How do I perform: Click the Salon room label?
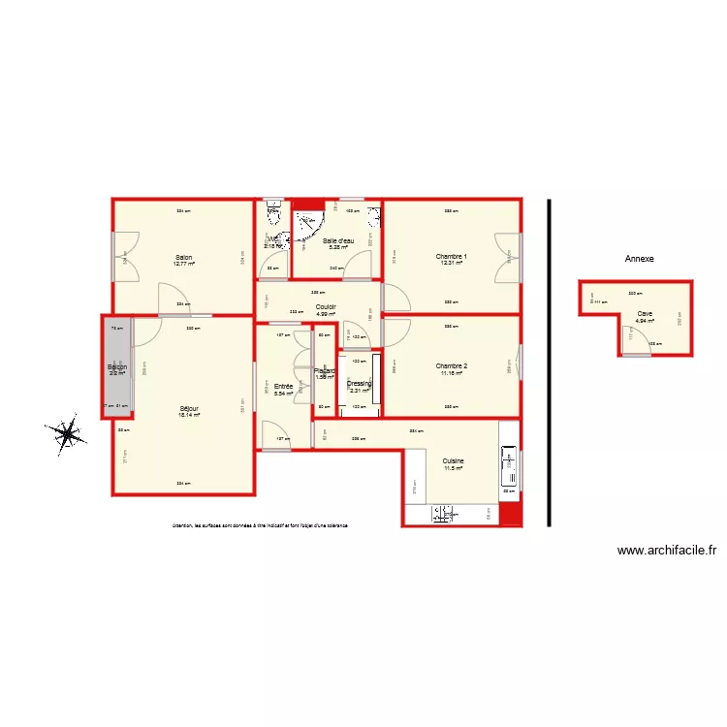183,257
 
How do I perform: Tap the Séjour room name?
189,409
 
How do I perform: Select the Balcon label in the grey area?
117,367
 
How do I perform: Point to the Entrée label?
283,387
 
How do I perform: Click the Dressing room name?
360,384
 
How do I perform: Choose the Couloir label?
326,307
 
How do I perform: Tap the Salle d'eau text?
338,240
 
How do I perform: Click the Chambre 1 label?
452,257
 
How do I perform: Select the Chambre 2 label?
452,366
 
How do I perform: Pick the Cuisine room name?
453,461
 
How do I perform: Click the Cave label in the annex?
645,313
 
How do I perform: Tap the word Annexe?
640,259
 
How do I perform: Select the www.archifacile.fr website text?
667,551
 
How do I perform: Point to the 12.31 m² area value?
452,264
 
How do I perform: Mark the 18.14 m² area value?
189,416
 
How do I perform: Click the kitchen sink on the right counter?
507,466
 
